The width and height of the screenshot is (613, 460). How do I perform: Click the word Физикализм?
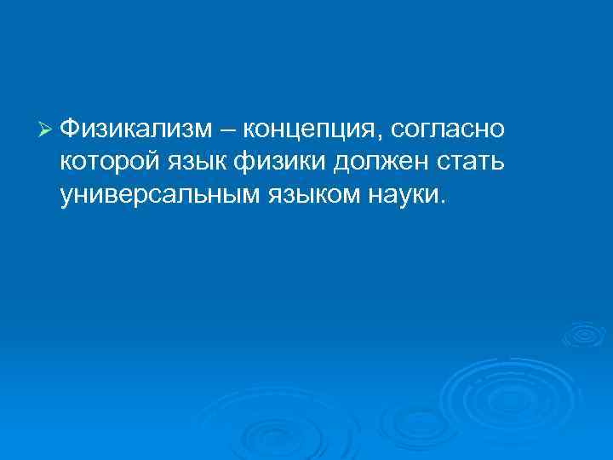click(x=140, y=129)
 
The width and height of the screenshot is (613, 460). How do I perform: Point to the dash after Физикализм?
click(x=231, y=129)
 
